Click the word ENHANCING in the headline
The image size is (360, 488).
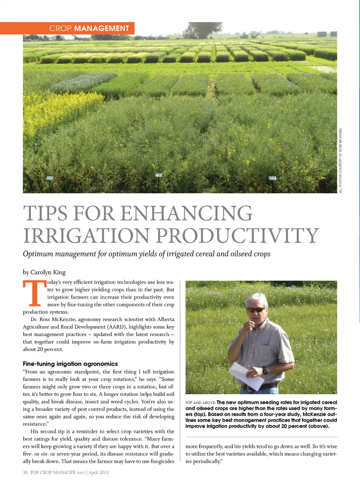(186, 213)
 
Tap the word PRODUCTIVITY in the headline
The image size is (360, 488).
(237, 235)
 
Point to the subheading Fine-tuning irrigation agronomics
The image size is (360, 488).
(70, 364)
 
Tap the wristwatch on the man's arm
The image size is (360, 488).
(265, 370)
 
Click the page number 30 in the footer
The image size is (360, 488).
(25, 472)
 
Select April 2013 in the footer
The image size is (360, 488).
(99, 472)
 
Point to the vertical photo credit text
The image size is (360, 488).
(340, 160)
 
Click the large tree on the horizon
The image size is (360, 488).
(202, 29)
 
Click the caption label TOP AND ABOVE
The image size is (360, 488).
(200, 403)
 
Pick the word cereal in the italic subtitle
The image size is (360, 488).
(203, 254)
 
